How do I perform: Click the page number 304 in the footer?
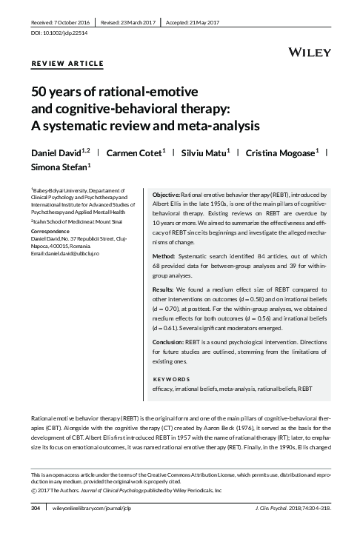coord(35,509)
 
